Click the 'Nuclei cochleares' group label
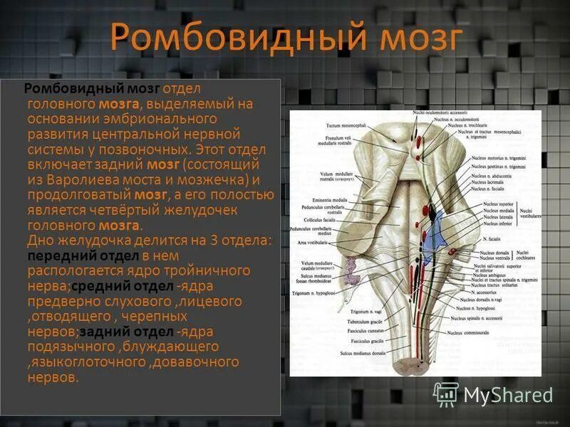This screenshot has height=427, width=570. [x=529, y=255]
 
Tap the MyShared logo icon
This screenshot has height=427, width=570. [x=447, y=394]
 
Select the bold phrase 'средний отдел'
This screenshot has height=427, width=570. [x=130, y=286]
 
